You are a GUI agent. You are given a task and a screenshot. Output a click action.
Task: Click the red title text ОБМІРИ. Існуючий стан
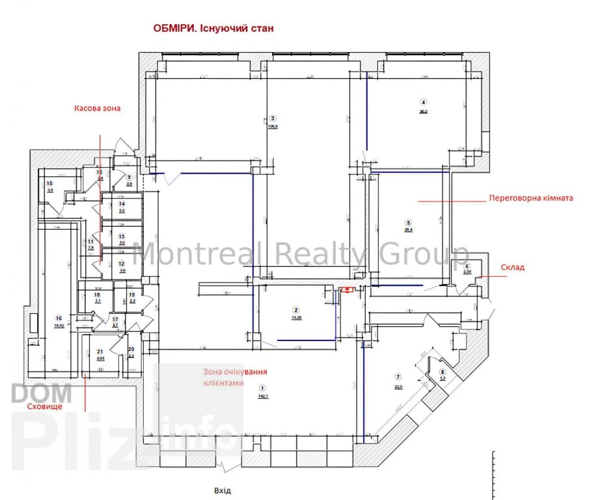point(213,29)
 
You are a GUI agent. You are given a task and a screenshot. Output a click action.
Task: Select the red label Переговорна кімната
point(531,198)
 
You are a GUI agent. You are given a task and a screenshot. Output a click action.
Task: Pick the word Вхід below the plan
point(222,491)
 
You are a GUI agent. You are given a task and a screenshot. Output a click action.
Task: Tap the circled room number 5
point(408,221)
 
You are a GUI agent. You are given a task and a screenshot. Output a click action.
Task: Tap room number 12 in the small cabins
point(121,264)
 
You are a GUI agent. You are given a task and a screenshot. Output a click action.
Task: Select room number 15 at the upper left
point(49,184)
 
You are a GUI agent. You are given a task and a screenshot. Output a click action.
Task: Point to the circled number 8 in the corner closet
point(442,372)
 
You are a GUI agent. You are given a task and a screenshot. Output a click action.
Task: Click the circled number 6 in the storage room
point(467,266)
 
